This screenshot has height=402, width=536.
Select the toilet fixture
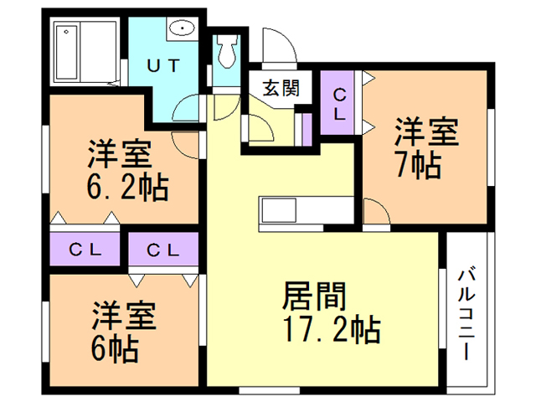click(225, 54)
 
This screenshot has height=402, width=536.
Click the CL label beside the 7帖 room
click(340, 106)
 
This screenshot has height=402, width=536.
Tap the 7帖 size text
click(418, 164)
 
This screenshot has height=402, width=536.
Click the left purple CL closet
click(85, 249)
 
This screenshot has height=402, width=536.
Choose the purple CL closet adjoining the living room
click(164, 249)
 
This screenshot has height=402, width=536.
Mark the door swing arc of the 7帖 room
click(377, 211)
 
